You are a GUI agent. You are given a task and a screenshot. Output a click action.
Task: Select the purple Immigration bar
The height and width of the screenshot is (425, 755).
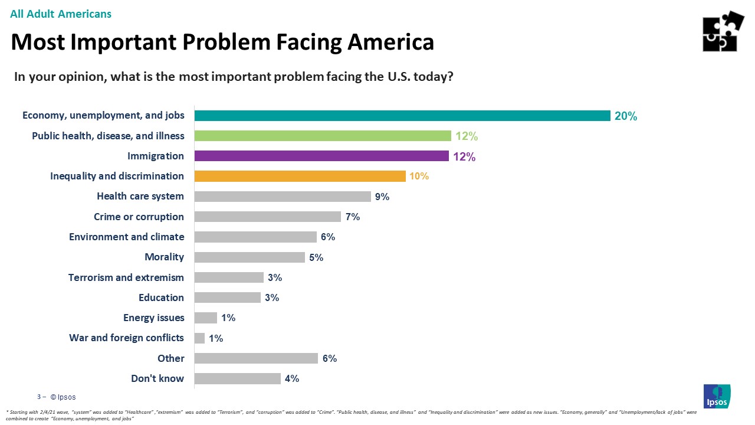321,156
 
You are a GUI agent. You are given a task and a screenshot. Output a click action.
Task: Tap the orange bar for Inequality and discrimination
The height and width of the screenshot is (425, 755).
300,176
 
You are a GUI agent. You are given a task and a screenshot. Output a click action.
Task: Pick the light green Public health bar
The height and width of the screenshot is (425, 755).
323,136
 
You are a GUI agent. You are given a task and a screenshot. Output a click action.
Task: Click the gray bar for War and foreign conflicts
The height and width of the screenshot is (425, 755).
199,338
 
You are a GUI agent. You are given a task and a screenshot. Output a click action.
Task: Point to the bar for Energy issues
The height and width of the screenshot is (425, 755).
206,318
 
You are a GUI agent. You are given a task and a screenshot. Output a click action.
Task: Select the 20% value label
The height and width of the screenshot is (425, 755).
626,116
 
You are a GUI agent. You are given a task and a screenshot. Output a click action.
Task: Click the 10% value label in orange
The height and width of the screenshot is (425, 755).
419,176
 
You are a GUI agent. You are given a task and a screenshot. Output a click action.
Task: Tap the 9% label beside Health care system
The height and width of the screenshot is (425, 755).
382,197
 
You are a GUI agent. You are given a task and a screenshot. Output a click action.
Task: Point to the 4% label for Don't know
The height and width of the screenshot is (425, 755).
292,378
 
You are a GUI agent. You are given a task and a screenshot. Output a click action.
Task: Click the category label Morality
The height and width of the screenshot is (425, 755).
164,257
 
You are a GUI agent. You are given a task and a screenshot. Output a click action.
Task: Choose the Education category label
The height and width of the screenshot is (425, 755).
161,297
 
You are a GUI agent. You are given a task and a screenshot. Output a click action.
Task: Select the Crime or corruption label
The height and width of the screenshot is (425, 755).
139,217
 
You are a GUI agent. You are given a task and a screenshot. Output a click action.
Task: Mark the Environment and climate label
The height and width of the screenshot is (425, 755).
126,237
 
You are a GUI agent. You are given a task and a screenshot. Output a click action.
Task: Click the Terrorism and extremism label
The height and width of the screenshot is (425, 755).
126,277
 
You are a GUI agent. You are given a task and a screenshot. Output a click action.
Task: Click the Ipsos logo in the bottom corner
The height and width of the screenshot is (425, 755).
717,396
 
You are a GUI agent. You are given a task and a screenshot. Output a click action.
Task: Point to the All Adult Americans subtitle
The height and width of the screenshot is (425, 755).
61,14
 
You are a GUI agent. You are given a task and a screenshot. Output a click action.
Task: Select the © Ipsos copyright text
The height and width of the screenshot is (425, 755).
63,397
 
